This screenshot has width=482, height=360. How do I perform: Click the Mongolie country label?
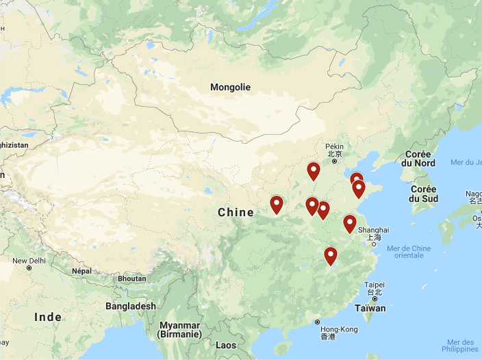(x=230, y=87)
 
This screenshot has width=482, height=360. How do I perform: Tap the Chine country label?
(x=236, y=212)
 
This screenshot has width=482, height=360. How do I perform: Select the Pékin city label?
(x=334, y=146)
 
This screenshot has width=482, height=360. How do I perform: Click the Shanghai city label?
(x=373, y=230)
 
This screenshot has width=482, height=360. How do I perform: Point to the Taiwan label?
(x=370, y=308)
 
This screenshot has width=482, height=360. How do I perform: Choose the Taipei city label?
(x=374, y=285)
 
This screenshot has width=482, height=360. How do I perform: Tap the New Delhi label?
(x=29, y=261)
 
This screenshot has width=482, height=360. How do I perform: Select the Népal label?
(x=81, y=271)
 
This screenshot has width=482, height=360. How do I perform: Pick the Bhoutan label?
(x=131, y=279)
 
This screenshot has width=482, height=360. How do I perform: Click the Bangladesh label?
(x=130, y=306)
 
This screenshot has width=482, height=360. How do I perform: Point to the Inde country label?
(x=48, y=317)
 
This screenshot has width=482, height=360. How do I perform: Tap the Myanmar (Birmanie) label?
(x=180, y=329)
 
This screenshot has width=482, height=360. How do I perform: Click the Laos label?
(x=227, y=346)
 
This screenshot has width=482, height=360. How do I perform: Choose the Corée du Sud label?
(x=423, y=194)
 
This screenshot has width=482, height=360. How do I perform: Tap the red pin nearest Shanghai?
(x=350, y=224)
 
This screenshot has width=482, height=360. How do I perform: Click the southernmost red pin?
(x=331, y=256)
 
